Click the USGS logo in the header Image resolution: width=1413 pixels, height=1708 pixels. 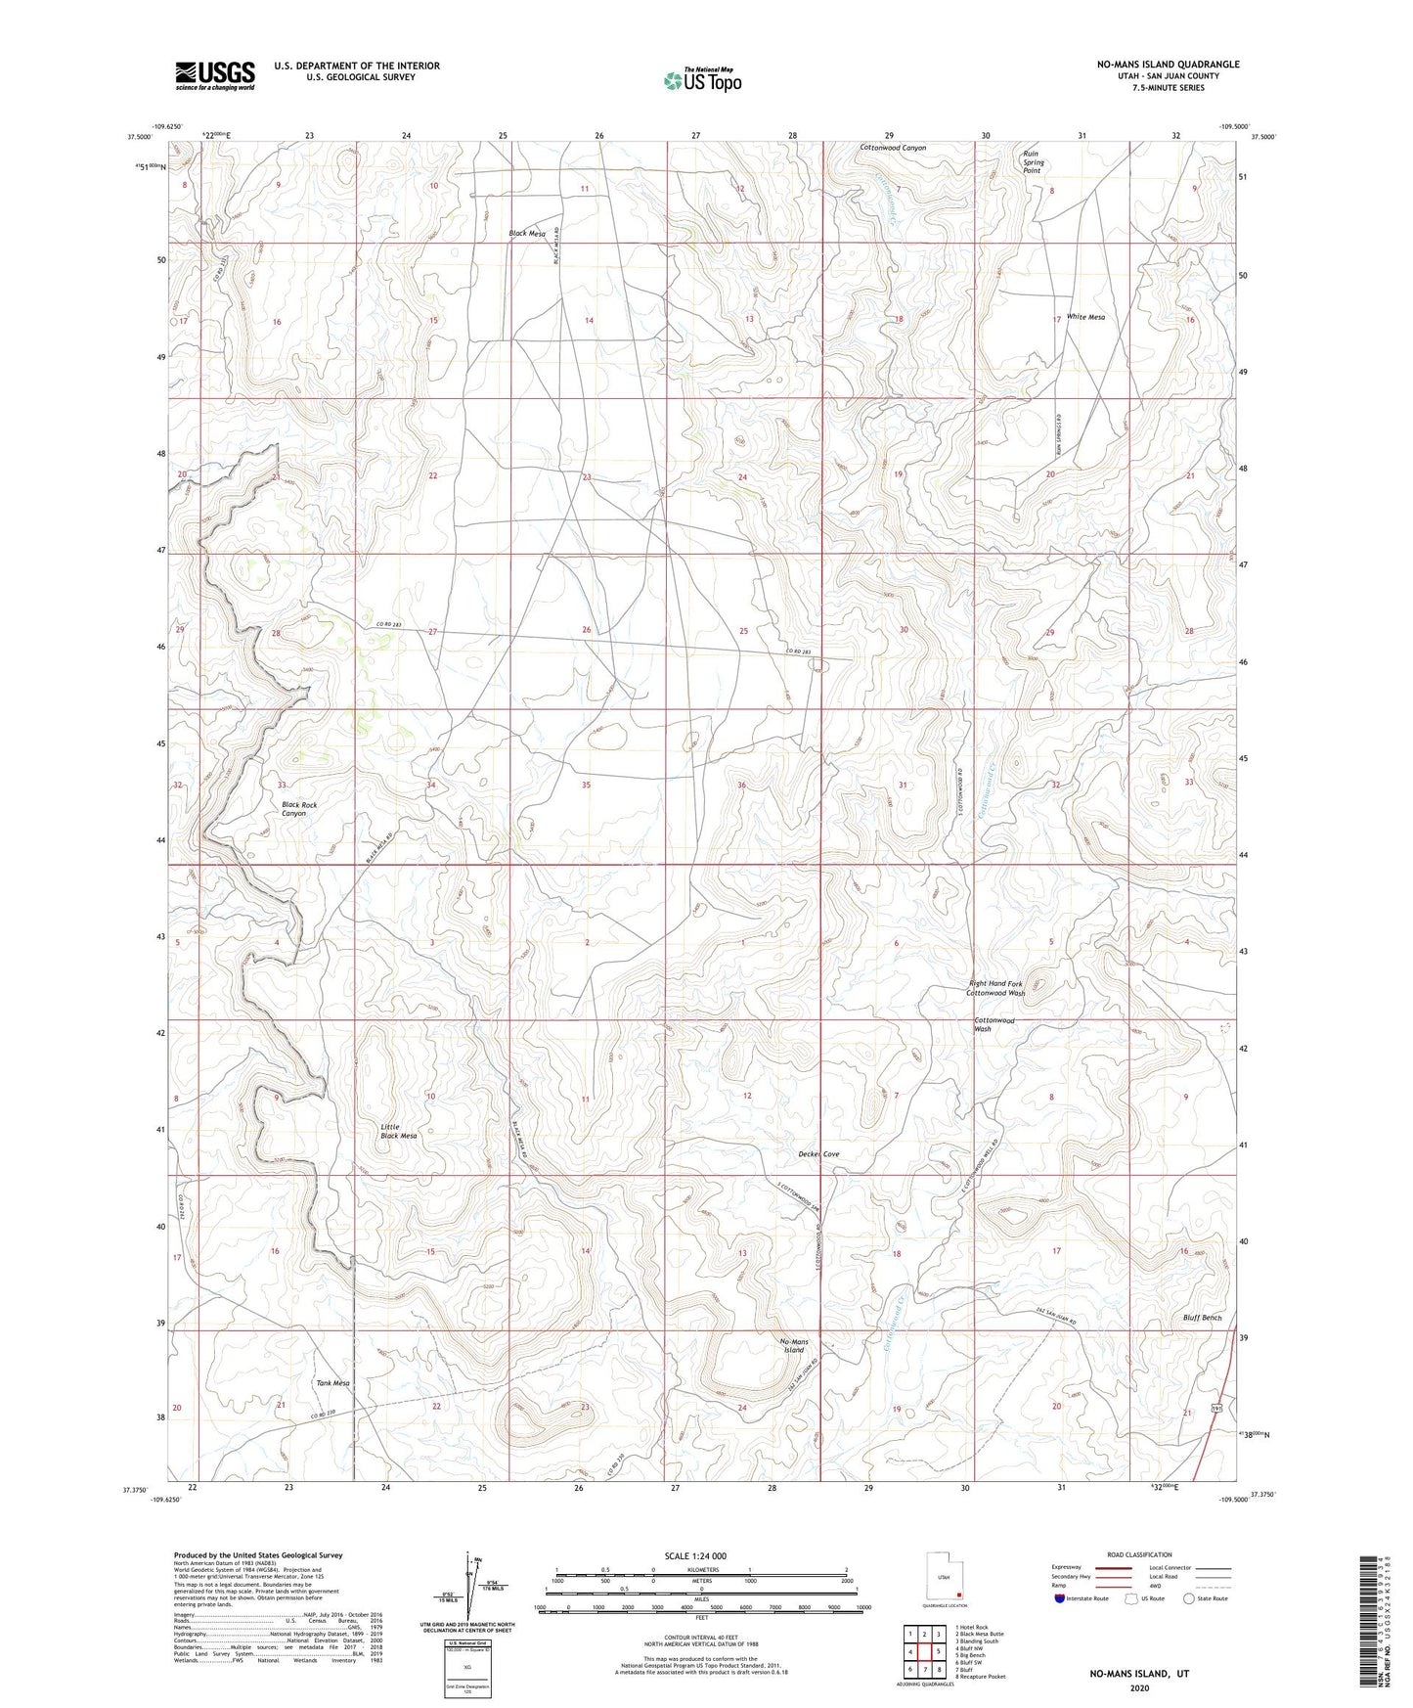point(215,75)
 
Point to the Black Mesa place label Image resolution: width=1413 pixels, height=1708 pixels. point(527,233)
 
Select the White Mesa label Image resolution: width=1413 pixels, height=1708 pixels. point(1085,317)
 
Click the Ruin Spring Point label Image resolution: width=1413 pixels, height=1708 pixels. point(1033,161)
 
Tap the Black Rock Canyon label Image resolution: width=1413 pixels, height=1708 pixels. point(299,809)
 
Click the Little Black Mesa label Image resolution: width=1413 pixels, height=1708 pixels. point(398,1131)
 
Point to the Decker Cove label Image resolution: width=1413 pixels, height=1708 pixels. point(818,1154)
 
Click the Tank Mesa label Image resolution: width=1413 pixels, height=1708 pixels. point(332,1383)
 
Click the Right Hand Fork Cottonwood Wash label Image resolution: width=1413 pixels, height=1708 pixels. point(995,988)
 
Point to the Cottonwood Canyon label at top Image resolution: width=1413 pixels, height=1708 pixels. point(892,148)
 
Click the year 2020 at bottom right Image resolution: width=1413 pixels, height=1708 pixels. point(1138,1687)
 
